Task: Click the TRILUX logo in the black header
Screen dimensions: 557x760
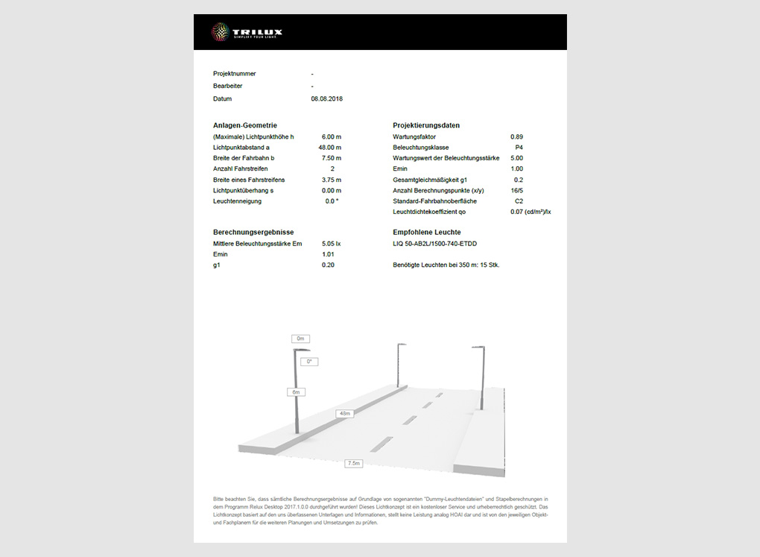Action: [x=247, y=32]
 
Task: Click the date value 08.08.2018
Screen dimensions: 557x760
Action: [x=326, y=98]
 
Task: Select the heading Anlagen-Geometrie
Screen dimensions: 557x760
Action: [x=244, y=125]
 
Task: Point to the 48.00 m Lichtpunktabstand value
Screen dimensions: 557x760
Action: [x=329, y=148]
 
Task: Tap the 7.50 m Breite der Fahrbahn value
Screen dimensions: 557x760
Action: [x=331, y=158]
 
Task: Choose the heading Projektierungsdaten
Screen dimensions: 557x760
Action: [x=426, y=125]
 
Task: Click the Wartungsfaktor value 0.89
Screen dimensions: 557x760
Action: [x=516, y=137]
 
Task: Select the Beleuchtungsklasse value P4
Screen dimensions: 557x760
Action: [x=519, y=148]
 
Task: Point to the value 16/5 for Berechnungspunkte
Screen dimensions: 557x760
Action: [x=516, y=191]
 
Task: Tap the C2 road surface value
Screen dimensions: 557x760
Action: [x=519, y=201]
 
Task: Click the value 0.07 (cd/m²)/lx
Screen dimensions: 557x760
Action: [x=531, y=213]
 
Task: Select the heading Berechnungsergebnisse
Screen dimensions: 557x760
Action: [x=253, y=233]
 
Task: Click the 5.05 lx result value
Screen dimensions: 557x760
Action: [x=330, y=244]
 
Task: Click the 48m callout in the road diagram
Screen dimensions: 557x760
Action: [x=344, y=413]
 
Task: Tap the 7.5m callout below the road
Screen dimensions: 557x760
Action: [x=354, y=463]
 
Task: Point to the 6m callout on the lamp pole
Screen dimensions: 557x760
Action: [x=296, y=391]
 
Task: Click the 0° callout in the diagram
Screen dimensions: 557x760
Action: [x=310, y=362]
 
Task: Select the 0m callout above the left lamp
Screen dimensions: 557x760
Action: [x=300, y=339]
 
